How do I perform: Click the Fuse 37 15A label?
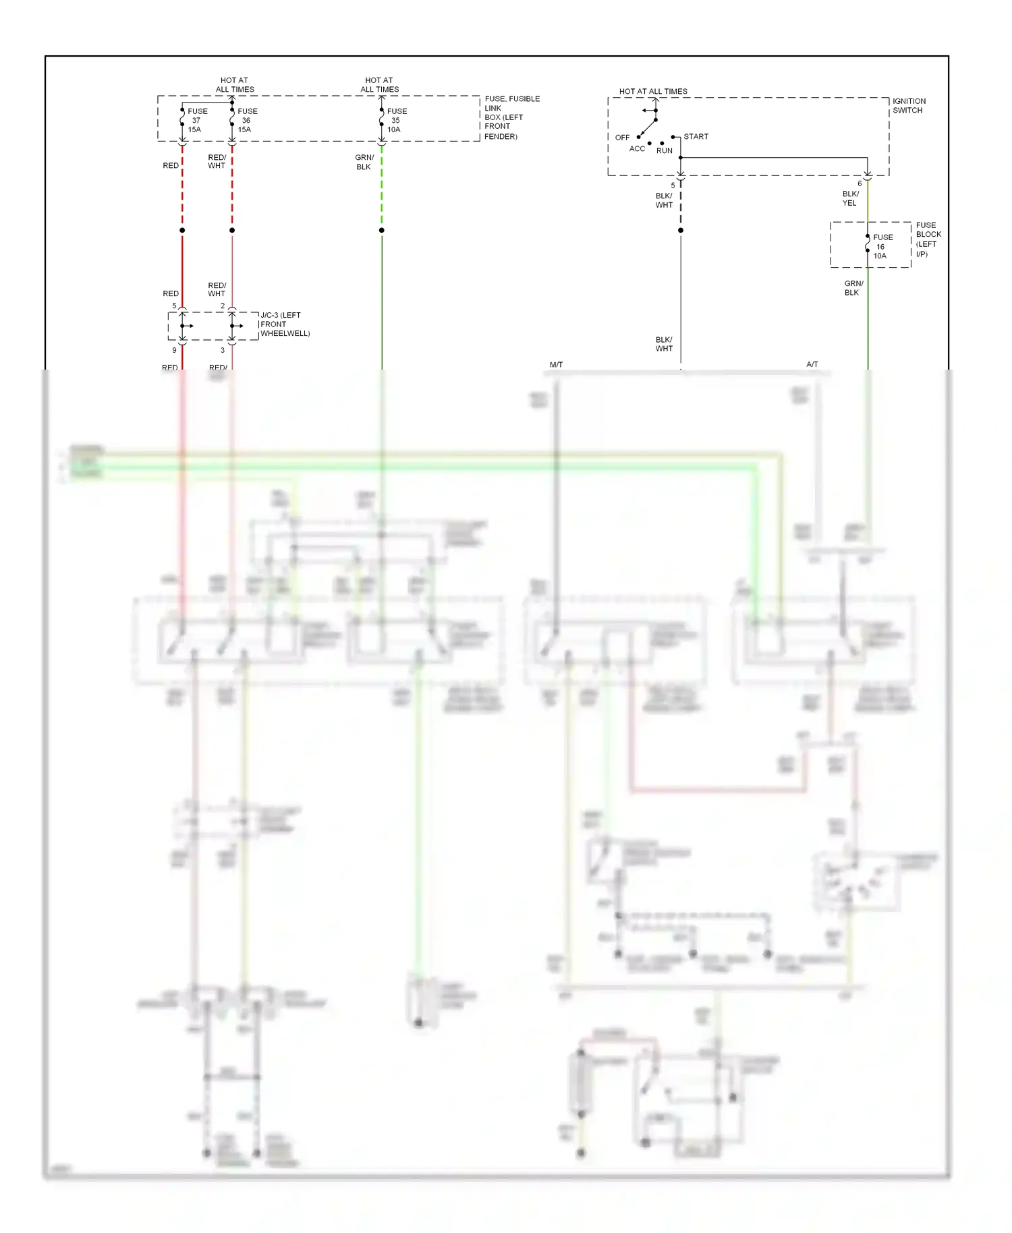pos(196,120)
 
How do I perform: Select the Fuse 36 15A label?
pos(246,120)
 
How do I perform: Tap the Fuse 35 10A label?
pos(396,120)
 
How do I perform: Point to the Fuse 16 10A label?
pos(882,246)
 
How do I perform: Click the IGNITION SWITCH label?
pos(909,105)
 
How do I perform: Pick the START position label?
pos(696,136)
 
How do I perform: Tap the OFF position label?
pos(622,138)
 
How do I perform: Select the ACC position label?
pos(637,149)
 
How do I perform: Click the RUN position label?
pos(665,151)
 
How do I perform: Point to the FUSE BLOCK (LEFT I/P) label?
pos(928,239)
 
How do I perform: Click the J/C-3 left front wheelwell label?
pos(285,324)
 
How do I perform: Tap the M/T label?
pos(556,365)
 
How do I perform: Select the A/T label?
pos(812,364)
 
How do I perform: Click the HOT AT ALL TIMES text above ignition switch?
pos(653,91)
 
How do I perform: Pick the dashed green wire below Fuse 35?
pos(382,189)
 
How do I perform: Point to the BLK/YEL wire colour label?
pos(850,198)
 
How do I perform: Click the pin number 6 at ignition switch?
pos(860,183)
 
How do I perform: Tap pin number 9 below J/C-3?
pos(174,350)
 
